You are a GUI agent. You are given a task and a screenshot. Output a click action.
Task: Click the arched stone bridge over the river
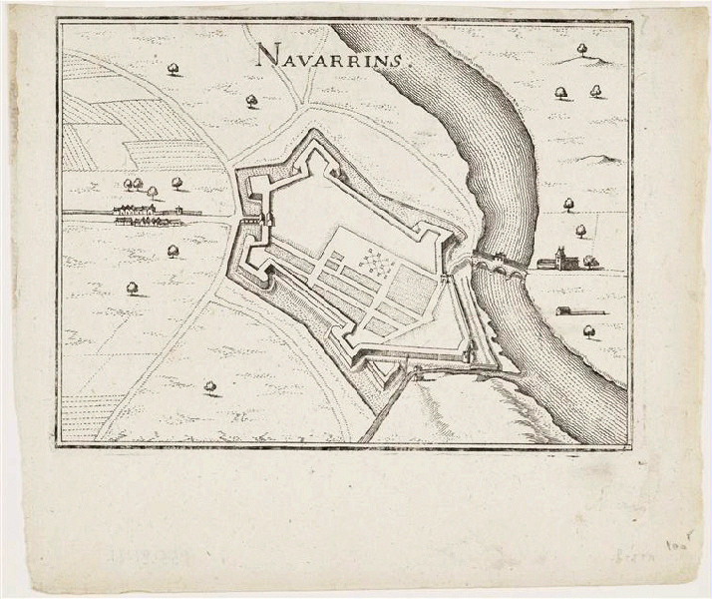pyautogui.click(x=497, y=263)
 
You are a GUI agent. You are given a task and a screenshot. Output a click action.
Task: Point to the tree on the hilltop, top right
pyautogui.click(x=583, y=51)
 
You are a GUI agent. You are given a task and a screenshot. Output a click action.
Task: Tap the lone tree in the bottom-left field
pyautogui.click(x=209, y=384)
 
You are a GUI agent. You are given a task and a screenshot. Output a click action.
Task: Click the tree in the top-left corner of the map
pyautogui.click(x=174, y=68)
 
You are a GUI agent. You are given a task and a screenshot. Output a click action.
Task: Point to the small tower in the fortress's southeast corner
pyautogui.click(x=465, y=350)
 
